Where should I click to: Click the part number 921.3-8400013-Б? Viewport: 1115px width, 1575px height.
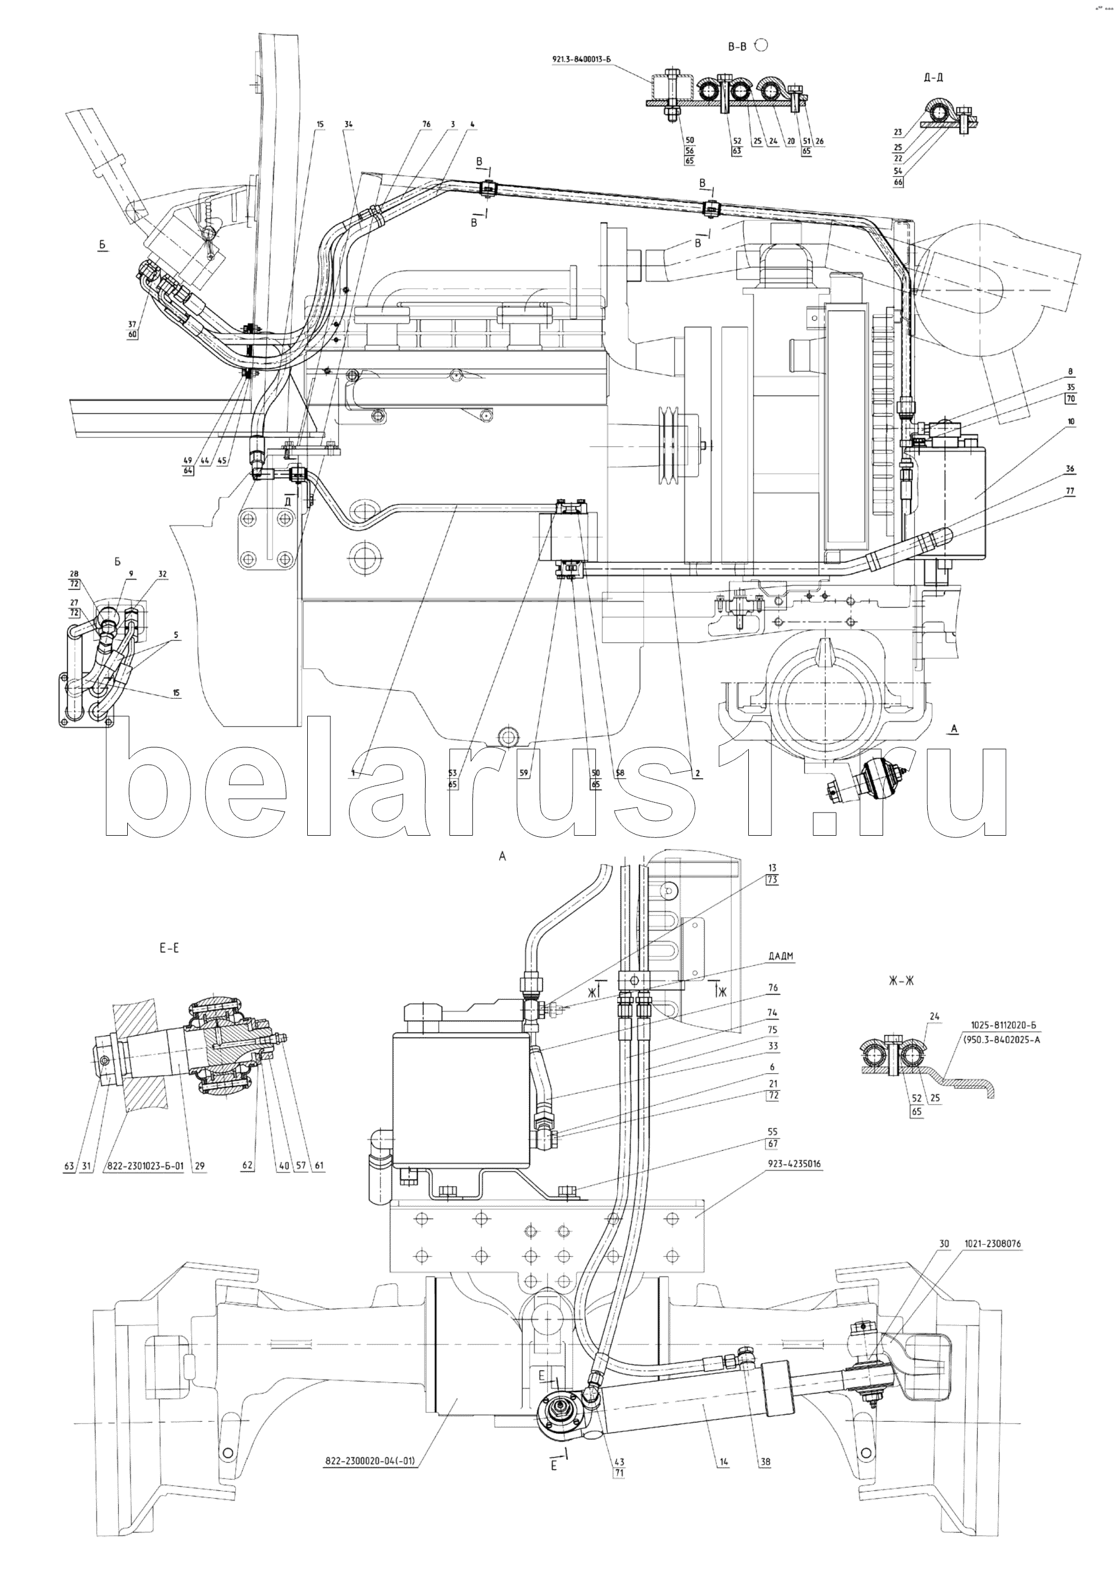coord(581,59)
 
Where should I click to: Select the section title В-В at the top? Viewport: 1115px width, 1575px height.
coord(737,47)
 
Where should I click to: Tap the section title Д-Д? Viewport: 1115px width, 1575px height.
coord(934,78)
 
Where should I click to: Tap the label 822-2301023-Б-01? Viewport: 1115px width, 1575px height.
coord(144,1166)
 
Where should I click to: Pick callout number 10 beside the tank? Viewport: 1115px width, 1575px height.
coord(1071,422)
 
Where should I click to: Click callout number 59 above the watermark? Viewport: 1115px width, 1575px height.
coord(524,773)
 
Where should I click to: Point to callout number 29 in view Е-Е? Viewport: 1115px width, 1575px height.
coord(200,1166)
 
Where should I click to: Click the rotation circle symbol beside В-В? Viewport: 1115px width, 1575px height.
coord(761,45)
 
